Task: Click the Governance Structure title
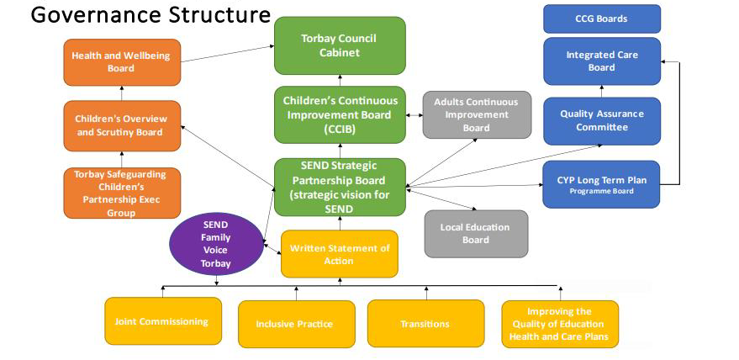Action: [150, 16]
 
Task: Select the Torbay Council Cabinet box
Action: [340, 45]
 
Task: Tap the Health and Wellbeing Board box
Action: [121, 61]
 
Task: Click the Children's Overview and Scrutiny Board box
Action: [121, 125]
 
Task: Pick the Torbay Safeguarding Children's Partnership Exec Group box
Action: [121, 193]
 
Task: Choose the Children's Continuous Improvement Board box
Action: [340, 114]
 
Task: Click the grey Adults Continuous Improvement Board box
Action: [476, 114]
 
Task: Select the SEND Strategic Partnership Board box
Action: [340, 187]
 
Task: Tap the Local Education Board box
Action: [476, 233]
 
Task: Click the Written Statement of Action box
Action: [339, 253]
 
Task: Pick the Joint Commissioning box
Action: [162, 321]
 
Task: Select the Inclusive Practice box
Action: [293, 324]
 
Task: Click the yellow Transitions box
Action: [425, 323]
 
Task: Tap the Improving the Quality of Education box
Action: [560, 323]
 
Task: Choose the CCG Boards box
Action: [601, 19]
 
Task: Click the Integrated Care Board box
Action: [601, 61]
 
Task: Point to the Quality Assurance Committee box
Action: [601, 121]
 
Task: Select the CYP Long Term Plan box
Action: [601, 183]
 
